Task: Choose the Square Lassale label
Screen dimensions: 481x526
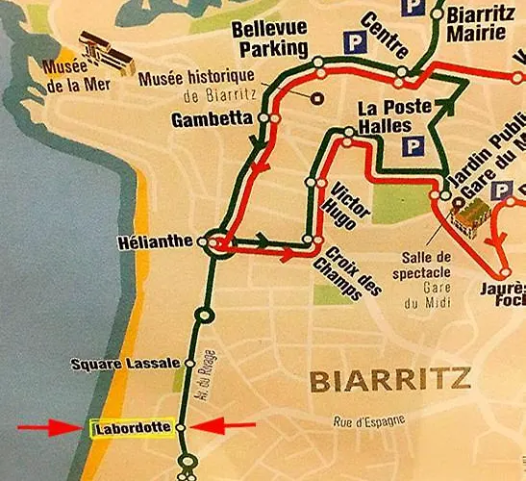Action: tap(125, 364)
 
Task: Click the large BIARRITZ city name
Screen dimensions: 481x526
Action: tap(390, 381)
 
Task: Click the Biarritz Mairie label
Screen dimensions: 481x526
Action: tap(475, 23)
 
